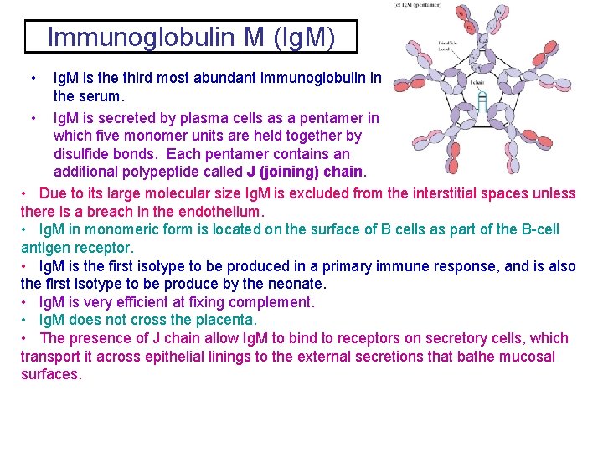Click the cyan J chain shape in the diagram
482,101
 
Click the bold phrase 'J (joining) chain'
305,172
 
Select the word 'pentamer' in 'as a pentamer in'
327,118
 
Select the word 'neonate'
291,284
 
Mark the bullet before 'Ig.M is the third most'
32,78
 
